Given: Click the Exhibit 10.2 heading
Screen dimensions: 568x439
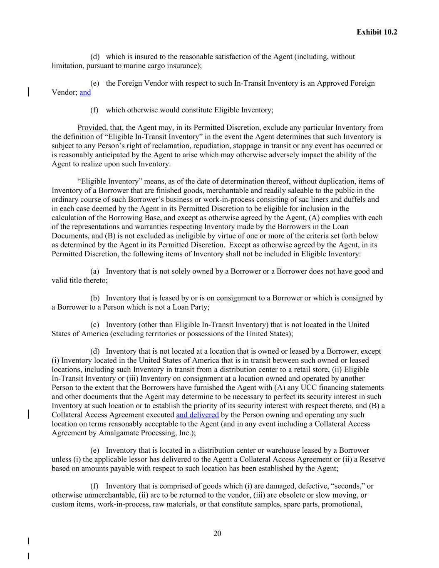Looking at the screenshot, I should [377, 32].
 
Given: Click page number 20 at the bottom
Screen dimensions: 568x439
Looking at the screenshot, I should [217, 533].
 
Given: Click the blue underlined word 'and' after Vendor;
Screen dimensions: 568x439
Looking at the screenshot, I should [85, 92].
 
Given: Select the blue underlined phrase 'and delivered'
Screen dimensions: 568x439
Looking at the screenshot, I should [197, 415].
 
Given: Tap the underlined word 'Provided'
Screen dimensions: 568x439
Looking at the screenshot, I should [92, 128].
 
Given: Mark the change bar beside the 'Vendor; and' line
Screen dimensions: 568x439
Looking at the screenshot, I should [28, 92].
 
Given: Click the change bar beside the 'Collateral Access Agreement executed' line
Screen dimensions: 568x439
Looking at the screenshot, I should [28, 414].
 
